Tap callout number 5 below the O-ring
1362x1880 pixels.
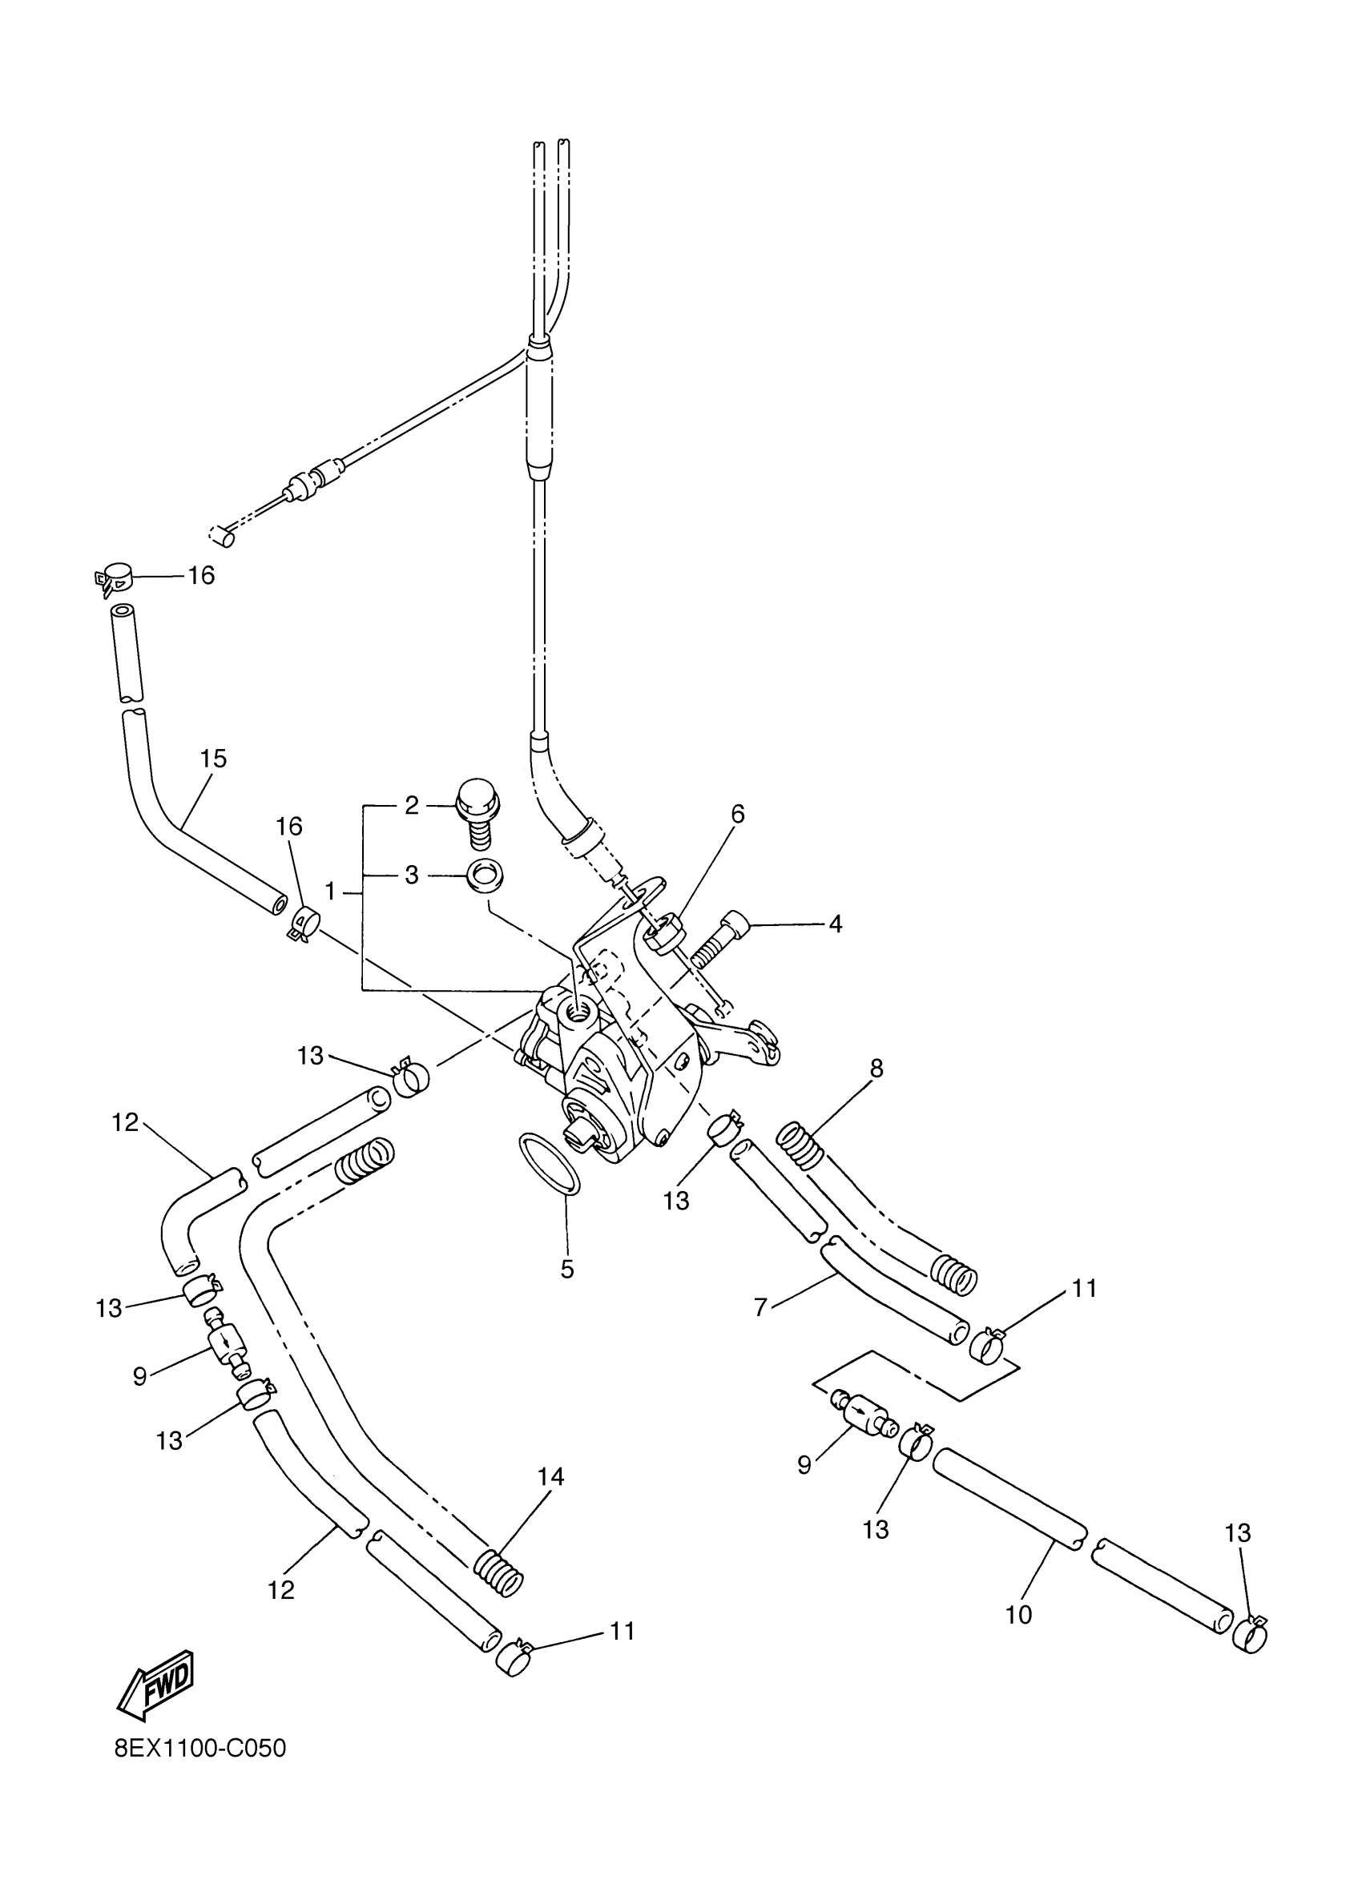click(x=567, y=1269)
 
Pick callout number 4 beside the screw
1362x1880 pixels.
click(x=835, y=924)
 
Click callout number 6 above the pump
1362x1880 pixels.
click(x=737, y=814)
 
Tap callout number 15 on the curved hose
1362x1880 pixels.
click(x=213, y=758)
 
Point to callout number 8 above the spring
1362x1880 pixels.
click(x=876, y=1069)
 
